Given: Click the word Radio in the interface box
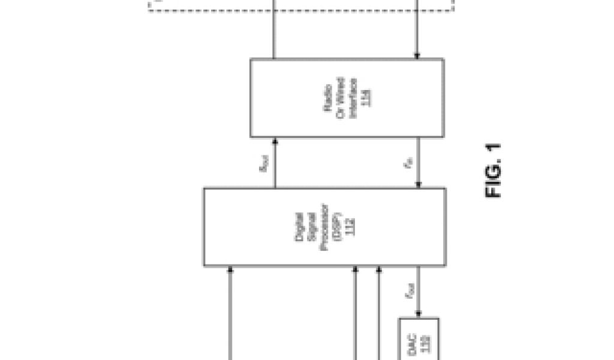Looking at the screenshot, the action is [329, 98].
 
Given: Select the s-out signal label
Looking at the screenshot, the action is [264, 163].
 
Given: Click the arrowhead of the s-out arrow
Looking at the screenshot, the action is [275, 141].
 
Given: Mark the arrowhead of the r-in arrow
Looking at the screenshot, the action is [417, 185].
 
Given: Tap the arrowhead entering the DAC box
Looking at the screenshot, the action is [417, 314].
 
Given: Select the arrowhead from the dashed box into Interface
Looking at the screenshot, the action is [417, 56].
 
